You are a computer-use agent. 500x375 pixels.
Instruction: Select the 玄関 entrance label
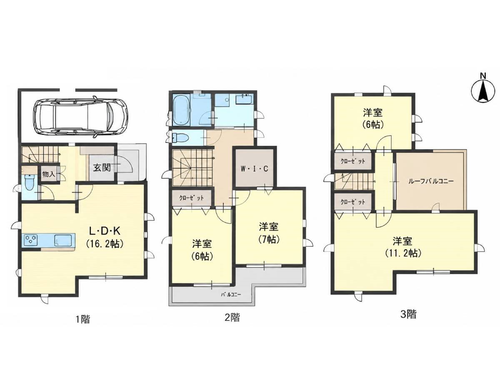point(102,168)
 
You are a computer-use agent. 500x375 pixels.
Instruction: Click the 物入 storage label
point(48,175)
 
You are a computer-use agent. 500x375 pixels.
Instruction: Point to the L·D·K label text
point(105,232)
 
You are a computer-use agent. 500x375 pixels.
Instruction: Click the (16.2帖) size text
point(105,244)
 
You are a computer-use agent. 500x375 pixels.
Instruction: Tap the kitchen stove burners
point(31,240)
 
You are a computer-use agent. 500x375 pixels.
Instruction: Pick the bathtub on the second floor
point(181,110)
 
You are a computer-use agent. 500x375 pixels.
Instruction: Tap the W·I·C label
point(255,169)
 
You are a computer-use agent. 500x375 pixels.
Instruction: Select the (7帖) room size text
point(269,239)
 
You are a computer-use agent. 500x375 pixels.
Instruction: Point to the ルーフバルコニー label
point(430,181)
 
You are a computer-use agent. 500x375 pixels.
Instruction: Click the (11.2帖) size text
point(403,253)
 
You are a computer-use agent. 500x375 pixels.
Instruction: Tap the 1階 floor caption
point(83,319)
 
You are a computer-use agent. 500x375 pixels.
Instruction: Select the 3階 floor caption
point(408,315)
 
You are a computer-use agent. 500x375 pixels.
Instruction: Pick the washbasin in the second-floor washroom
point(243,100)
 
